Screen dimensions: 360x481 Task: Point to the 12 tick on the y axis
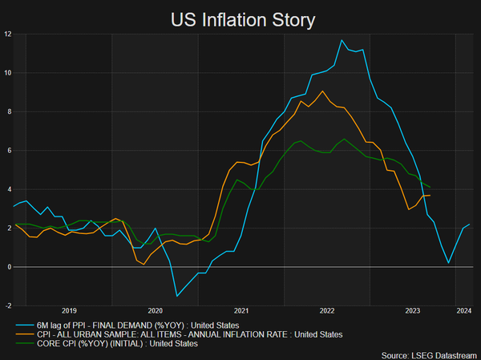(6, 34)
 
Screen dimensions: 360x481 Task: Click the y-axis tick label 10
(6, 73)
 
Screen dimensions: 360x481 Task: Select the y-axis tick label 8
(7, 112)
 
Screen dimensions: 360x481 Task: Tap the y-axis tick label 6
(7, 151)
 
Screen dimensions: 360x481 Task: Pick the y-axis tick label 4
(7, 189)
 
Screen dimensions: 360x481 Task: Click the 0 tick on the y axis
(7, 267)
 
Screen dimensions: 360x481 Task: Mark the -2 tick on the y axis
(6, 305)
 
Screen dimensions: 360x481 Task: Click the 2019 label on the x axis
(69, 310)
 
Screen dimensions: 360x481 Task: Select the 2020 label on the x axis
(156, 310)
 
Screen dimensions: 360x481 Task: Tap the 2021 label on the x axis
(241, 310)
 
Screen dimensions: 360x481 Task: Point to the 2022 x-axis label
(327, 310)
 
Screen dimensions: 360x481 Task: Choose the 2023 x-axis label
(413, 310)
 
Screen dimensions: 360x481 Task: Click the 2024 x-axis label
(463, 310)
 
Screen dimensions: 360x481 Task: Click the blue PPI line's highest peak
(342, 40)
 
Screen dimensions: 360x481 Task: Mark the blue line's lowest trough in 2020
(177, 296)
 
